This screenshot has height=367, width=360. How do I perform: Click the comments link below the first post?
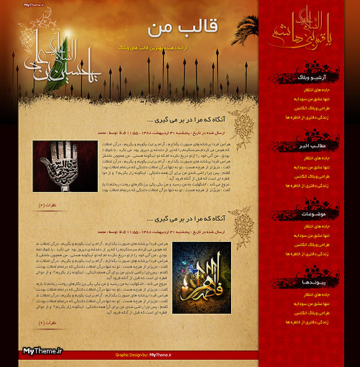coord(48,205)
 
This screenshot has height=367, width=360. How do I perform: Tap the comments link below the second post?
coord(48,322)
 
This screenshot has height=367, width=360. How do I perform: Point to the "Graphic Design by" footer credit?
coord(140,355)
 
